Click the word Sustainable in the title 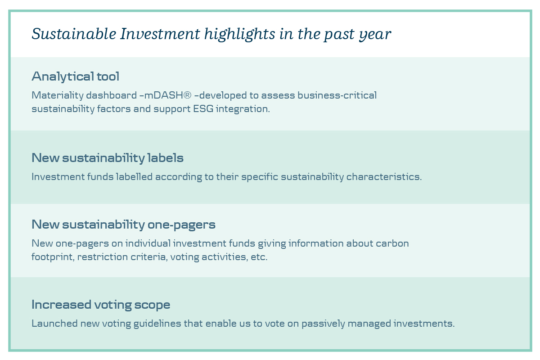point(74,34)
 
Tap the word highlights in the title point(239,35)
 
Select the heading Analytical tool point(76,76)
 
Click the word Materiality point(58,95)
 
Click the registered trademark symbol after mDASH point(187,95)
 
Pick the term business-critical point(337,95)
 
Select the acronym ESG point(203,109)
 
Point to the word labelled point(134,177)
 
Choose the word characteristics point(384,177)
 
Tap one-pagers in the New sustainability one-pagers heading point(181,225)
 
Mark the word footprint point(53,257)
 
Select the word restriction point(103,257)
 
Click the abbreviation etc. point(259,257)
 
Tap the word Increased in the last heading point(61,305)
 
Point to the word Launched point(54,324)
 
